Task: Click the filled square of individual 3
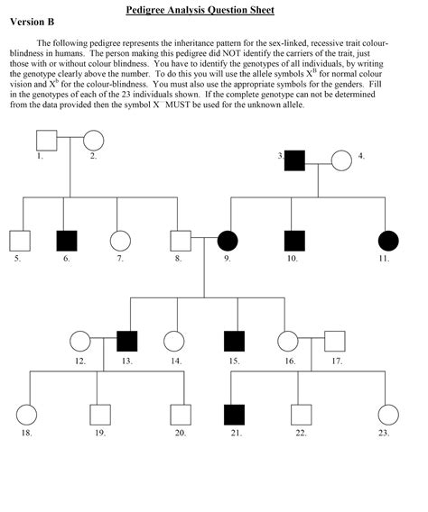click(x=294, y=160)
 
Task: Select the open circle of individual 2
click(x=93, y=141)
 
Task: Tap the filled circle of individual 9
click(x=228, y=241)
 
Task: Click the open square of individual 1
click(x=46, y=141)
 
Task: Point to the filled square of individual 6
click(x=67, y=241)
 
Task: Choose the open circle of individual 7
click(x=119, y=241)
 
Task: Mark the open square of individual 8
click(x=181, y=241)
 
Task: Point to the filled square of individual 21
click(x=234, y=416)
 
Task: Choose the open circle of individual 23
click(x=387, y=416)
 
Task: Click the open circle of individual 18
click(x=27, y=416)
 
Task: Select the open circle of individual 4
click(x=340, y=160)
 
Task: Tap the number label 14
click(x=175, y=361)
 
